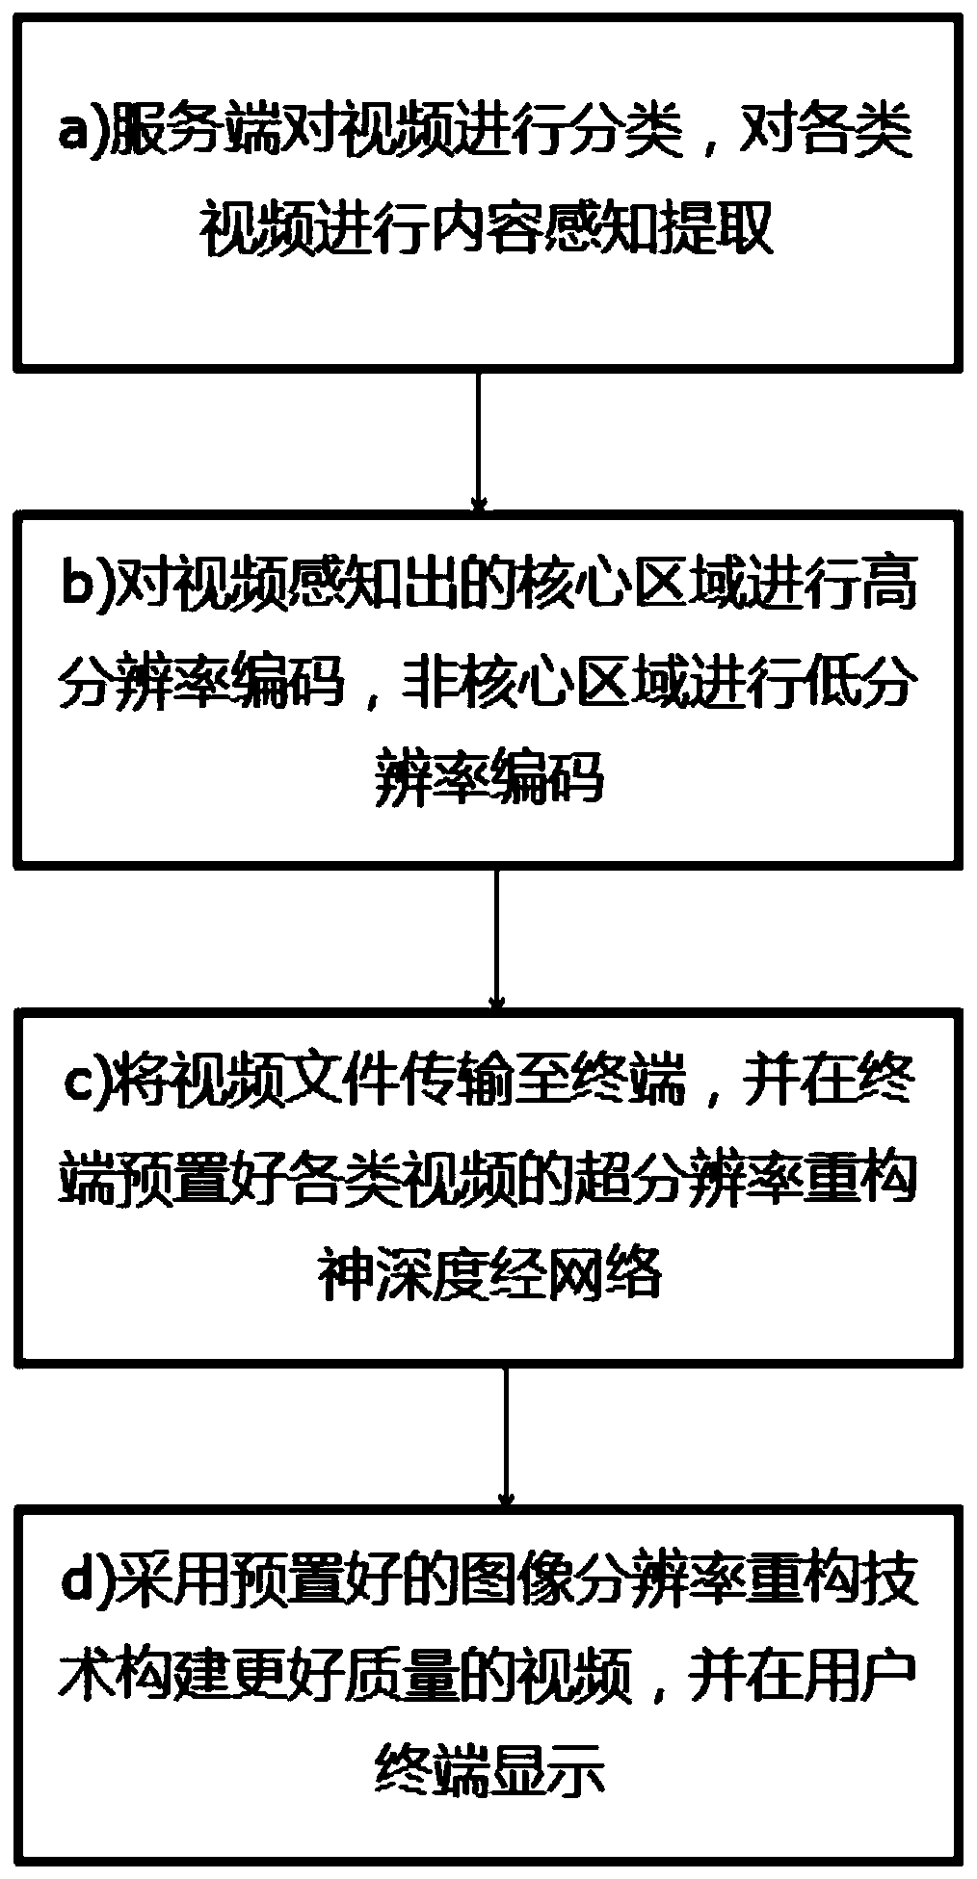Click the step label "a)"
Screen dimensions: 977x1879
coord(82,132)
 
